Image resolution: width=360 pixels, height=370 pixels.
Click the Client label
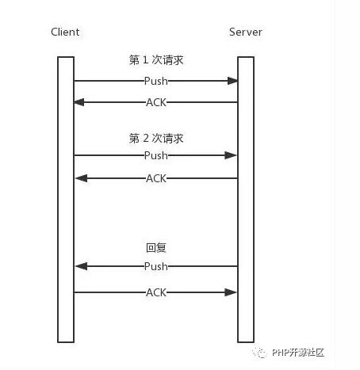(x=65, y=32)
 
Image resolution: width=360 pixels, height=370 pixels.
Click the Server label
(x=246, y=32)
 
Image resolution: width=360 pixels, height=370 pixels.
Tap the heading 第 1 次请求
(x=156, y=60)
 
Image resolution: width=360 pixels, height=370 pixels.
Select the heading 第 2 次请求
(x=156, y=138)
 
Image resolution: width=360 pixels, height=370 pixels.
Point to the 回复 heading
(x=156, y=247)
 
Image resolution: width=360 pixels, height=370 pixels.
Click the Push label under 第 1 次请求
(x=156, y=81)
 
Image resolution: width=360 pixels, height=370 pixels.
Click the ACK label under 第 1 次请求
(x=156, y=102)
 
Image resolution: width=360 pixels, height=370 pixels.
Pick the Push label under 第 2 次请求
(x=156, y=155)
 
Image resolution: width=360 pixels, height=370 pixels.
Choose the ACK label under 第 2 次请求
(x=156, y=178)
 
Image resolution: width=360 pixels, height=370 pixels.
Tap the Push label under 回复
(x=156, y=266)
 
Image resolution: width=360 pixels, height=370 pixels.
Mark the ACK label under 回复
(x=156, y=292)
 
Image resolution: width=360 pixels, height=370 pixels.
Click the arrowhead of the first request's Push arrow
(x=232, y=81)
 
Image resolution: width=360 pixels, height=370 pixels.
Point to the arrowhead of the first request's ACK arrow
(x=79, y=102)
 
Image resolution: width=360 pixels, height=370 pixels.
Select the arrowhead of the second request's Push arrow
(x=231, y=155)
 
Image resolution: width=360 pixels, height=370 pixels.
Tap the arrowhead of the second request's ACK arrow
(x=82, y=178)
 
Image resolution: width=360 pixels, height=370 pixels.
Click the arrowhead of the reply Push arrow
(x=82, y=266)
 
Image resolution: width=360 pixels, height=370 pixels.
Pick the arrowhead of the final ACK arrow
(x=231, y=292)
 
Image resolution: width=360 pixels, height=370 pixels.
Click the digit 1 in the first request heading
(x=145, y=59)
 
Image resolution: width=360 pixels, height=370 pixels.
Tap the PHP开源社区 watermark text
(x=298, y=353)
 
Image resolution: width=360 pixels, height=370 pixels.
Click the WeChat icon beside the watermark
(x=260, y=353)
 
